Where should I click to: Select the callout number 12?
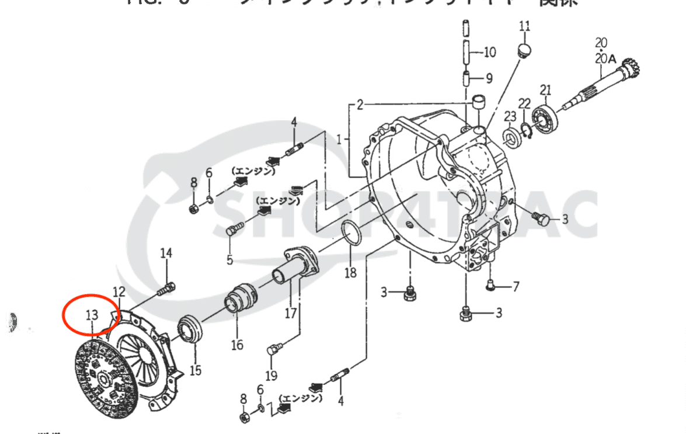point(119,291)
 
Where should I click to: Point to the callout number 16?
point(236,345)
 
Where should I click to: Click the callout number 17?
point(291,313)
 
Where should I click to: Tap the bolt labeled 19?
point(273,350)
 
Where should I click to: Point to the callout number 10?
point(489,53)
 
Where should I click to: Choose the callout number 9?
point(489,78)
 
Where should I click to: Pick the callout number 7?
point(516,286)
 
